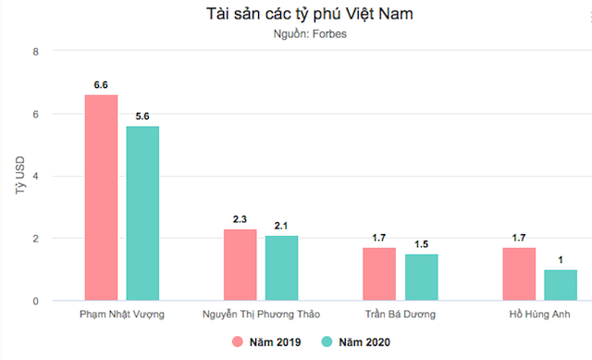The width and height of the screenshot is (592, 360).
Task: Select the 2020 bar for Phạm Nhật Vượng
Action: [142, 213]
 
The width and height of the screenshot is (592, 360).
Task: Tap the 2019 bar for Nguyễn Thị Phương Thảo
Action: [240, 265]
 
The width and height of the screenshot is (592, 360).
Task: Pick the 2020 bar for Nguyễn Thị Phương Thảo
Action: [281, 268]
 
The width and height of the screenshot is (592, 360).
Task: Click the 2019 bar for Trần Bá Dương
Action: [379, 274]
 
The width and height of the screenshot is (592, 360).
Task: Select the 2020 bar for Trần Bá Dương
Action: [421, 277]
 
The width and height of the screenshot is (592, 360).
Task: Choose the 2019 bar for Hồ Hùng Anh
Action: [518, 274]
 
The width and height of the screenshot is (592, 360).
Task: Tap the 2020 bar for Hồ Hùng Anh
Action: [560, 285]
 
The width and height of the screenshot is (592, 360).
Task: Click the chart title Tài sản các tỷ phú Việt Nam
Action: [296, 15]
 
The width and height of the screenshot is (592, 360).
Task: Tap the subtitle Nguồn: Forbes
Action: [296, 35]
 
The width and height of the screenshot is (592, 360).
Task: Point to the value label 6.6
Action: [101, 85]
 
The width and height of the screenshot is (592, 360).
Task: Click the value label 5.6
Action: [142, 117]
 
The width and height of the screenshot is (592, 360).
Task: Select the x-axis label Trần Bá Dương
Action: [400, 315]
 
